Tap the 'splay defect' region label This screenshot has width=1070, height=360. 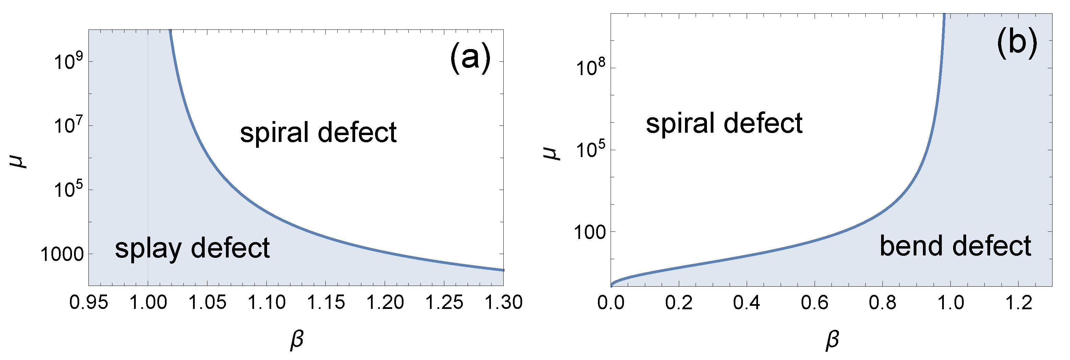click(192, 248)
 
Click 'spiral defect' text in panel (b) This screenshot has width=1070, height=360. click(724, 123)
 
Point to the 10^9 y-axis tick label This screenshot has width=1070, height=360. click(69, 62)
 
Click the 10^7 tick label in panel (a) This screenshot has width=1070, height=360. click(69, 126)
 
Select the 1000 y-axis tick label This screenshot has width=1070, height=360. click(62, 254)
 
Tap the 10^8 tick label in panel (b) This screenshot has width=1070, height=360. click(591, 69)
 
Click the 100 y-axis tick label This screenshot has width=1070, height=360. click(590, 232)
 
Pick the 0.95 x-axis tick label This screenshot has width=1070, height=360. click(88, 302)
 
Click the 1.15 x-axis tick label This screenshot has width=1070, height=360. click(326, 302)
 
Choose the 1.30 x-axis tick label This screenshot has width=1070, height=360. click(503, 302)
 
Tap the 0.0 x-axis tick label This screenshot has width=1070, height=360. click(611, 303)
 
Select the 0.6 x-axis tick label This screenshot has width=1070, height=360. click(814, 303)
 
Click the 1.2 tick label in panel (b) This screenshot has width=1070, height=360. click(1018, 303)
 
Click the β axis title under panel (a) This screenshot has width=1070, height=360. click(297, 340)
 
